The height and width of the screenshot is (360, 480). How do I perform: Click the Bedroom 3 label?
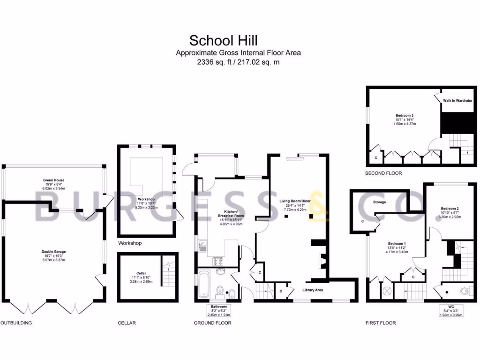(x=404, y=115)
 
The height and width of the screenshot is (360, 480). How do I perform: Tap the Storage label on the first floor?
(x=380, y=202)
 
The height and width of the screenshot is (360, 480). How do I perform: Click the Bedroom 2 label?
(x=450, y=208)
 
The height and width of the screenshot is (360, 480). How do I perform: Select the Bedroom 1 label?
(x=397, y=244)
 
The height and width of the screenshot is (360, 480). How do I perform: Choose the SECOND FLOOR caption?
(x=383, y=173)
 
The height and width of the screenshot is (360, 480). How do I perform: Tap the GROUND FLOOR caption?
(x=212, y=323)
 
